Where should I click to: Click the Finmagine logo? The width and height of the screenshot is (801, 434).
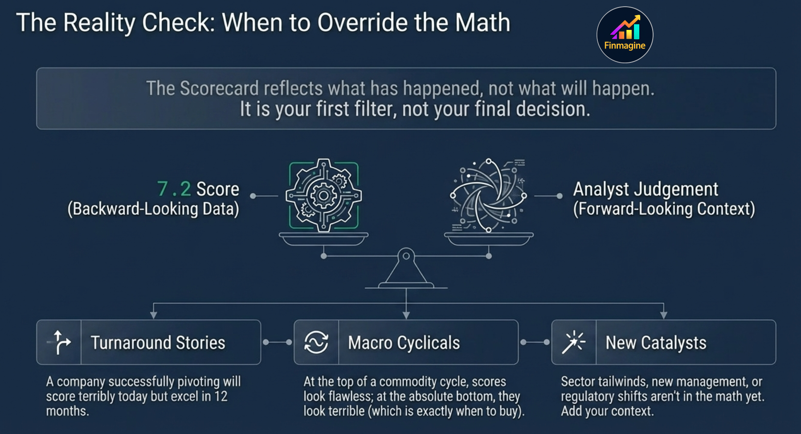tap(625, 35)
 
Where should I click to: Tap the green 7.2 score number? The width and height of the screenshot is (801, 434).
tap(174, 189)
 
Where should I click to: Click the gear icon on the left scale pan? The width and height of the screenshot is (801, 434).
tap(324, 195)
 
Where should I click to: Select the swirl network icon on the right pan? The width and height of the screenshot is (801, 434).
tap(488, 195)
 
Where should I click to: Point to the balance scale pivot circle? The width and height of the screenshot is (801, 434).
tap(406, 256)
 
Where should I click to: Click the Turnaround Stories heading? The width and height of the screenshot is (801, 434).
tap(158, 343)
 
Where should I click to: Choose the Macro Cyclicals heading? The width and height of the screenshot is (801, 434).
tap(404, 343)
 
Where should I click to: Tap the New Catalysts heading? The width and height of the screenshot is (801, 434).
tap(656, 343)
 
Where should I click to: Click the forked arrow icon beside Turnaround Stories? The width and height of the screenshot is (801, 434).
tap(59, 342)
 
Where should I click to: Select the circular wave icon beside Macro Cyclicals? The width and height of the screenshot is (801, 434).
tap(316, 342)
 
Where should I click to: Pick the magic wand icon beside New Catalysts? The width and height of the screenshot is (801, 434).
tap(573, 342)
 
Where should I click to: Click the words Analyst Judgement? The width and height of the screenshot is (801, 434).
tap(646, 189)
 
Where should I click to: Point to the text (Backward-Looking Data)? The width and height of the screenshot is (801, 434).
tap(153, 209)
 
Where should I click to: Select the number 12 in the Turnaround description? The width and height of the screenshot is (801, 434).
tap(221, 396)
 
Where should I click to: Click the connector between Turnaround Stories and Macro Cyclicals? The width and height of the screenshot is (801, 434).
tap(277, 342)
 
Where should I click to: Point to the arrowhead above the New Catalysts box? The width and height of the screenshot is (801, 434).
tap(663, 315)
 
